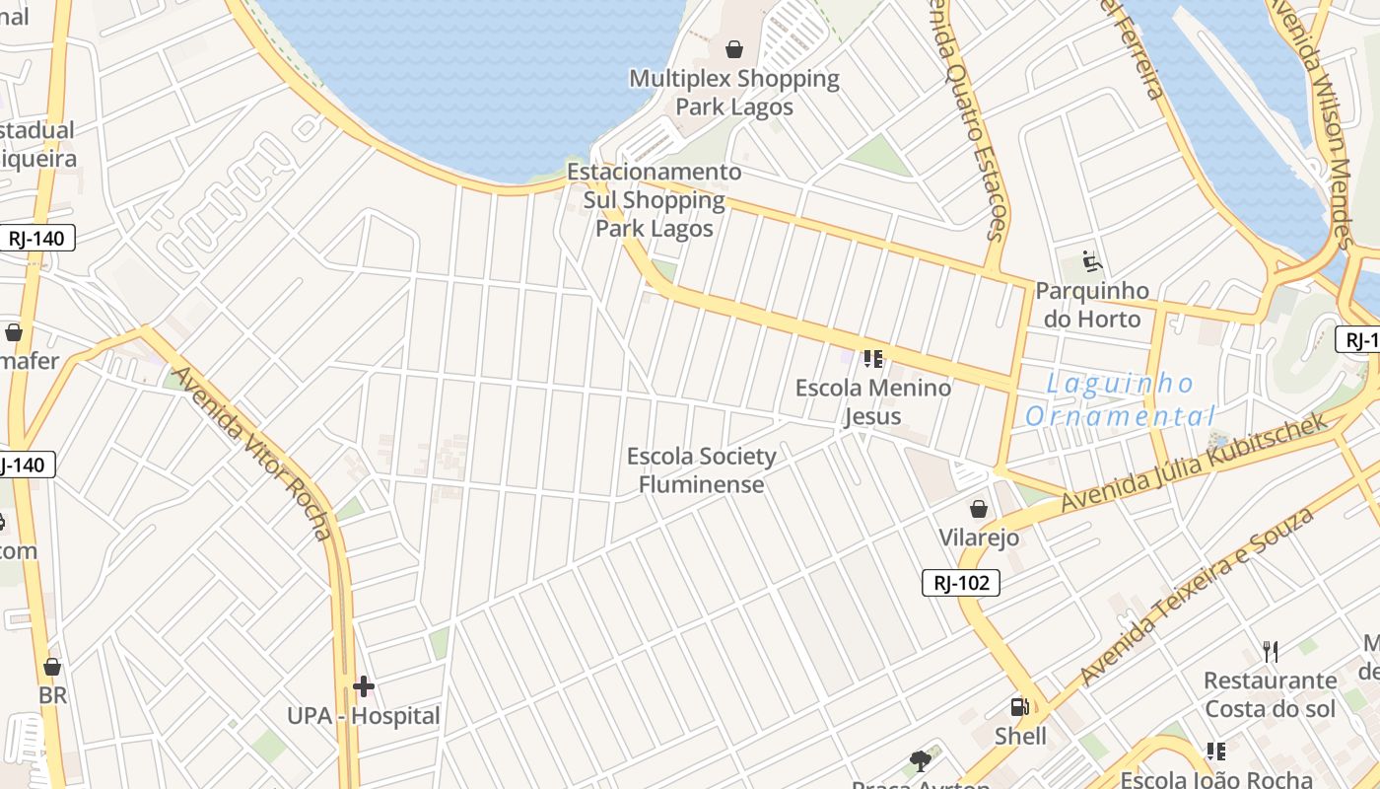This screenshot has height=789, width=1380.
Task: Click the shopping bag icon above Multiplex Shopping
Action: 733,48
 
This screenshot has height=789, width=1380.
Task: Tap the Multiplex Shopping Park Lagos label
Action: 734,92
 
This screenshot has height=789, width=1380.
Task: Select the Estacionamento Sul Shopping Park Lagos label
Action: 655,200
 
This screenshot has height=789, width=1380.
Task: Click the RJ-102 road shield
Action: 961,583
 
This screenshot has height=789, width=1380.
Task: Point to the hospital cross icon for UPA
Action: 364,686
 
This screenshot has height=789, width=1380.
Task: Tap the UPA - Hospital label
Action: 364,716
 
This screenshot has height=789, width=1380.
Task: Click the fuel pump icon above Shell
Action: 1019,707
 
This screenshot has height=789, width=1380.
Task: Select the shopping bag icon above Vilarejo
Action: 979,509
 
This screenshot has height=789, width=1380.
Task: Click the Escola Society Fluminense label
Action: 702,470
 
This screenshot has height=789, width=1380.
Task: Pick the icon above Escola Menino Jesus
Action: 872,359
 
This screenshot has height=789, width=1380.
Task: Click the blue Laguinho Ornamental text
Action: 1120,399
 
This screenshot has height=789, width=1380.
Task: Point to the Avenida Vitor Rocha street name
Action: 253,453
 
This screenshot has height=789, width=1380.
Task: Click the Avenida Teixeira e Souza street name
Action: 1197,596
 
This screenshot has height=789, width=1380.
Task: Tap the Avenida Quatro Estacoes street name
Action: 967,118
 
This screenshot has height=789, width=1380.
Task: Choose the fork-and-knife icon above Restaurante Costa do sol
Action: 1271,651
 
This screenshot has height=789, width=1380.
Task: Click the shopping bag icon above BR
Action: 52,667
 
